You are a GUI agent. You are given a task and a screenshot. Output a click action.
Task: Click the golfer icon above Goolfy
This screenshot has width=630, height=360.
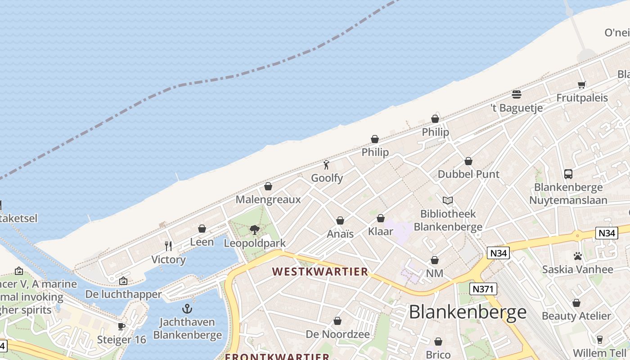327,165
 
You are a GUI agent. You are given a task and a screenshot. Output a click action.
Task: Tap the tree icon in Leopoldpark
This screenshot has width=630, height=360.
255,230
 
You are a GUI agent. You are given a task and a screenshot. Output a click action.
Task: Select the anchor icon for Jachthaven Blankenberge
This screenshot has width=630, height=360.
187,309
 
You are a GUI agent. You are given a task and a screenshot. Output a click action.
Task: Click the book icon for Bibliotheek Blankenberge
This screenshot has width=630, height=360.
448,200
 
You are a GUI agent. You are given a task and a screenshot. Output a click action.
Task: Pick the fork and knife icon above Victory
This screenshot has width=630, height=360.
168,246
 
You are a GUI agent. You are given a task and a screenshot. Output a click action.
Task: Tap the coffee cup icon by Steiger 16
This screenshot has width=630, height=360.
121,326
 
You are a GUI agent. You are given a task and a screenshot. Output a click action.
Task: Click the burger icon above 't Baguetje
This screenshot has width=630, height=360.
516,94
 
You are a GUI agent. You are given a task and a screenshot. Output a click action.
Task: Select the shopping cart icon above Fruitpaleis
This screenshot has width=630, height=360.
582,85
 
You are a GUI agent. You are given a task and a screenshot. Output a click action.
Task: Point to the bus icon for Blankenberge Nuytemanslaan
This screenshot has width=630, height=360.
568,174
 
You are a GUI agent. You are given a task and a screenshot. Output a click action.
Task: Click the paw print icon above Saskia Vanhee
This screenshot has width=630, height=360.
578,256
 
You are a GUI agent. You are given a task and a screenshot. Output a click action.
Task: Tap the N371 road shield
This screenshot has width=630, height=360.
483,289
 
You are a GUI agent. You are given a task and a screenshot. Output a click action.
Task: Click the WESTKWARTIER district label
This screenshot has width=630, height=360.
320,271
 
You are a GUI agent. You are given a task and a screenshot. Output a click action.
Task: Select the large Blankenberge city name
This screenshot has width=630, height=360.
468,312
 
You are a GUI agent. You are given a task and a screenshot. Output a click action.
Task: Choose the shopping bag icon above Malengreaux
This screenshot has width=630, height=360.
268,186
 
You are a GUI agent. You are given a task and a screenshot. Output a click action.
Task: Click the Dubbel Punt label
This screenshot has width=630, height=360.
468,174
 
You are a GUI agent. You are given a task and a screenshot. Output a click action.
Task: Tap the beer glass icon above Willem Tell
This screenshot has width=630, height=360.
599,339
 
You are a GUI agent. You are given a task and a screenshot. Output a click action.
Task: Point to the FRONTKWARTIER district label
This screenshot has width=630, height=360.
277,356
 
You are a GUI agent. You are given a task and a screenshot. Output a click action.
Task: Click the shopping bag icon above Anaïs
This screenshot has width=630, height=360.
340,220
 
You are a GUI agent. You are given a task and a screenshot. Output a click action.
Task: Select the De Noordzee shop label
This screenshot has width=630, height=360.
337,334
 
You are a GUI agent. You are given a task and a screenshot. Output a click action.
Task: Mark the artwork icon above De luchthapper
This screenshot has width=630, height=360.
123,281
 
